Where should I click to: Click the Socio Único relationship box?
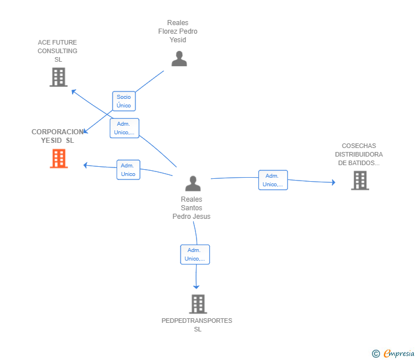point(124,101)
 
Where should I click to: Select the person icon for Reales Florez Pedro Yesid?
point(179,59)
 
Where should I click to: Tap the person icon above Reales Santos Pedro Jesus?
point(193,183)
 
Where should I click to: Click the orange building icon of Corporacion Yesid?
point(59,158)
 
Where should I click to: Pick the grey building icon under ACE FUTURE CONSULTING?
point(59,77)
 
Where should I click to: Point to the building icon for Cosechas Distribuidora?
point(360,181)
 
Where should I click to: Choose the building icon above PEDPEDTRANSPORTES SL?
point(198,304)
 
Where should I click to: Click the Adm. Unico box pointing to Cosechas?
point(273,180)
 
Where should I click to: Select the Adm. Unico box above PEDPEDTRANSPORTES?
point(195,254)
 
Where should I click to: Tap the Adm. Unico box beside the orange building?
point(129,170)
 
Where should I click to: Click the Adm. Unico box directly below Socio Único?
point(125,128)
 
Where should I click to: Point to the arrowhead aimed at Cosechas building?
point(334,182)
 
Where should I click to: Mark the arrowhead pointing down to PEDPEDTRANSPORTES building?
point(196,287)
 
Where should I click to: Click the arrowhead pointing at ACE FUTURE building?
point(74,91)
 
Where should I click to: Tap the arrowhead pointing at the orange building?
point(85,165)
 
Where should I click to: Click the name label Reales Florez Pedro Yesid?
point(178,31)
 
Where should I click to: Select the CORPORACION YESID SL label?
point(58,136)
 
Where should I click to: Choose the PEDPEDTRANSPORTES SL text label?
point(197,325)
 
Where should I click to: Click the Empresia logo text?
point(399,353)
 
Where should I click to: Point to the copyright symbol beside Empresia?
point(376,354)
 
